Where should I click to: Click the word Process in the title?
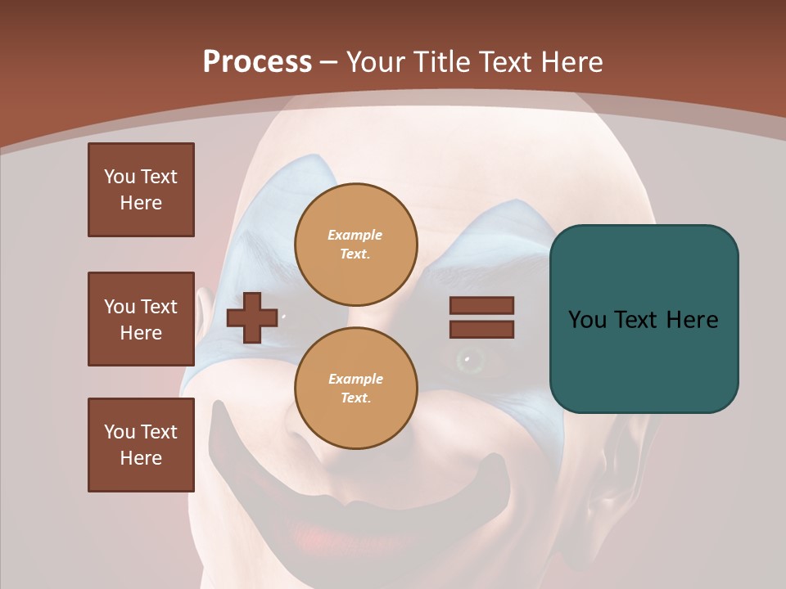(257, 62)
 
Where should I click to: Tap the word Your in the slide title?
(375, 62)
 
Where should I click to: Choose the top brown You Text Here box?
(141, 190)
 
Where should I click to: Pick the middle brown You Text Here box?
(141, 319)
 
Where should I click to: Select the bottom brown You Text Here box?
(141, 445)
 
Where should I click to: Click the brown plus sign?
(251, 317)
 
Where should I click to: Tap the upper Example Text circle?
(355, 244)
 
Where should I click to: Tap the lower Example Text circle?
(355, 388)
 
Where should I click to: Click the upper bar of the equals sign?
(481, 305)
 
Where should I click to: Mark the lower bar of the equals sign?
(481, 329)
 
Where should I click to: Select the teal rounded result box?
(644, 319)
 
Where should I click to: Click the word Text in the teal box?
(640, 320)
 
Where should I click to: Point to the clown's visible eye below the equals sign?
(468, 357)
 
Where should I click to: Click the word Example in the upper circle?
(355, 235)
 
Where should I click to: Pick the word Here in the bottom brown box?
(141, 458)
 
